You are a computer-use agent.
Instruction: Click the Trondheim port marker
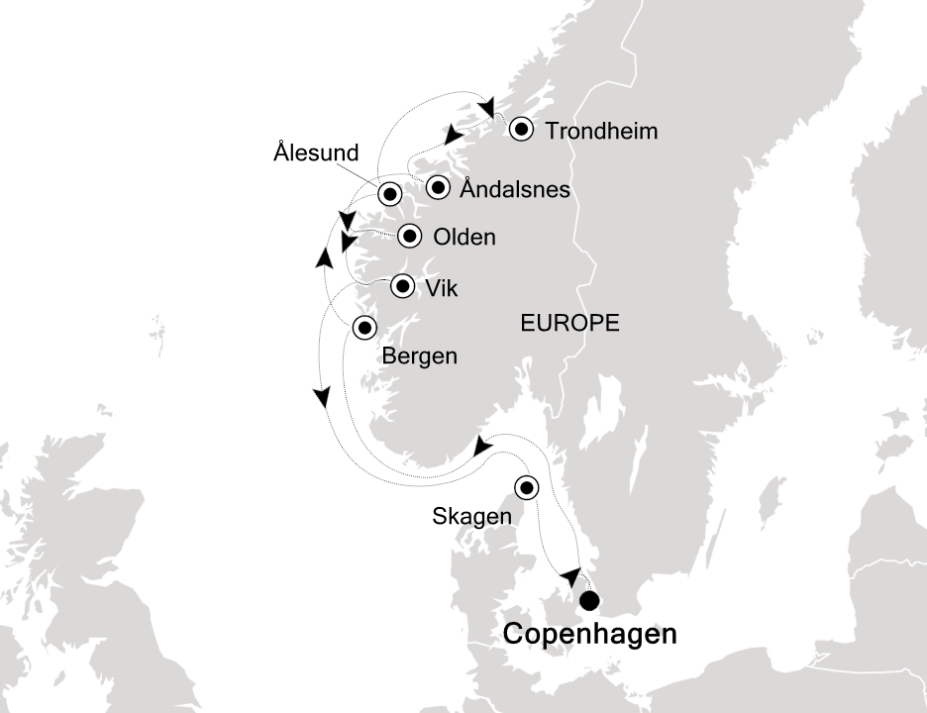point(520,130)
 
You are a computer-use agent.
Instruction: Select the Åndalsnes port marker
point(437,186)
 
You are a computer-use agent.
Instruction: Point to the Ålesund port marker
point(389,193)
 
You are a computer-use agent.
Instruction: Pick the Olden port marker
point(409,237)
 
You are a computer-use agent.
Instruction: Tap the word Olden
point(463,238)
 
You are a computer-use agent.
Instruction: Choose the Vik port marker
point(403,286)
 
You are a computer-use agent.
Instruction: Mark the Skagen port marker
point(526,486)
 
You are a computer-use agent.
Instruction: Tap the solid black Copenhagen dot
point(590,600)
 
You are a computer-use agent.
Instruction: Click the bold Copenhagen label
point(590,635)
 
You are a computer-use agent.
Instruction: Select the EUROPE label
point(569,322)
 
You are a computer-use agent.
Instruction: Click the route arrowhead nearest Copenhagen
point(569,576)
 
